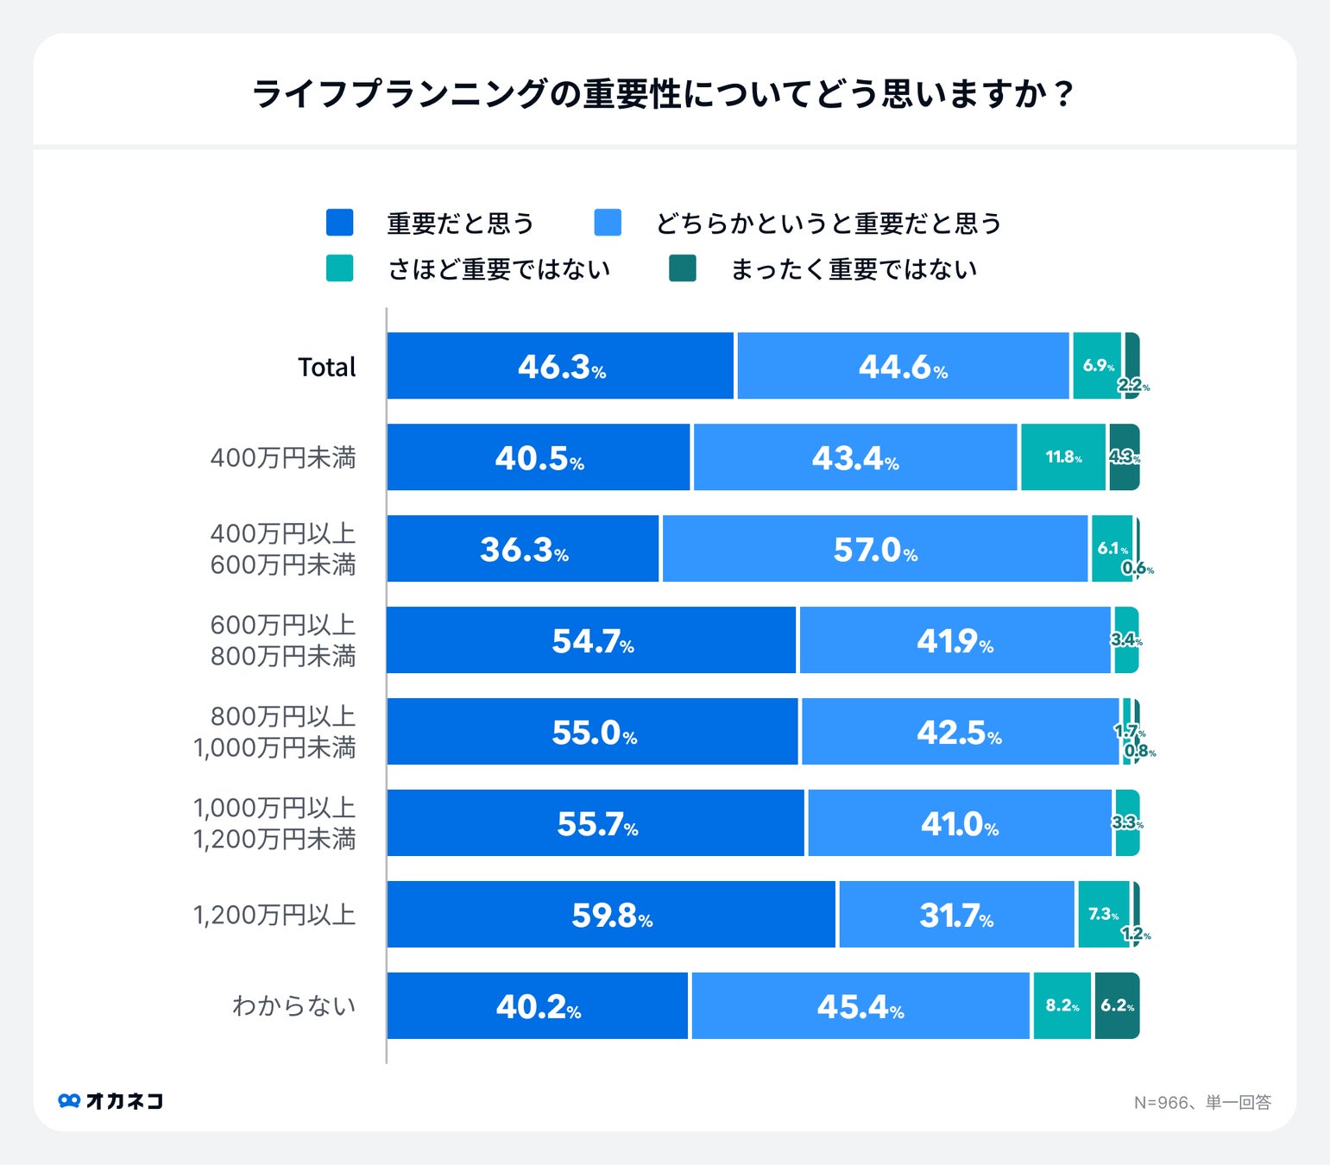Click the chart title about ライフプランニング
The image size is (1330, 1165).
click(663, 93)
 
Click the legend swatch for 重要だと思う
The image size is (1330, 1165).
click(340, 223)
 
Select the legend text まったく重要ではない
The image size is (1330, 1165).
click(853, 269)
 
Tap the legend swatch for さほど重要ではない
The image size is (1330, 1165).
click(340, 268)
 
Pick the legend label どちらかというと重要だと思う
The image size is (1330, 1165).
click(829, 224)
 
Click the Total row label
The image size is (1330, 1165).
click(326, 367)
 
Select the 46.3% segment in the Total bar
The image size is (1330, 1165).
click(560, 367)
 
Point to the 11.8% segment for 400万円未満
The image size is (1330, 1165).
click(1062, 457)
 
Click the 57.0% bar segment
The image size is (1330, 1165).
click(874, 549)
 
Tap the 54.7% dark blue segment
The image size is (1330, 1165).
click(591, 640)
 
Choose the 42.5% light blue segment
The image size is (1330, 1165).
click(960, 732)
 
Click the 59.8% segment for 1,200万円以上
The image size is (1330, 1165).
click(611, 915)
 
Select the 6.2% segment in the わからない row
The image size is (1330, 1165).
click(1117, 1006)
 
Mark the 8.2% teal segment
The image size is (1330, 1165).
click(1062, 1006)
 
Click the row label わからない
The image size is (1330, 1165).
click(293, 1006)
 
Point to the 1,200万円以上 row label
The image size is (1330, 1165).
click(274, 915)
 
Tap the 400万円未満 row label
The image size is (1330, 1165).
click(282, 457)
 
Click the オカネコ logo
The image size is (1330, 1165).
click(110, 1101)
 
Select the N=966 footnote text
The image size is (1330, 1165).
click(1201, 1103)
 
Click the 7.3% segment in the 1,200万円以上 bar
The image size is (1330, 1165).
click(1102, 915)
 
